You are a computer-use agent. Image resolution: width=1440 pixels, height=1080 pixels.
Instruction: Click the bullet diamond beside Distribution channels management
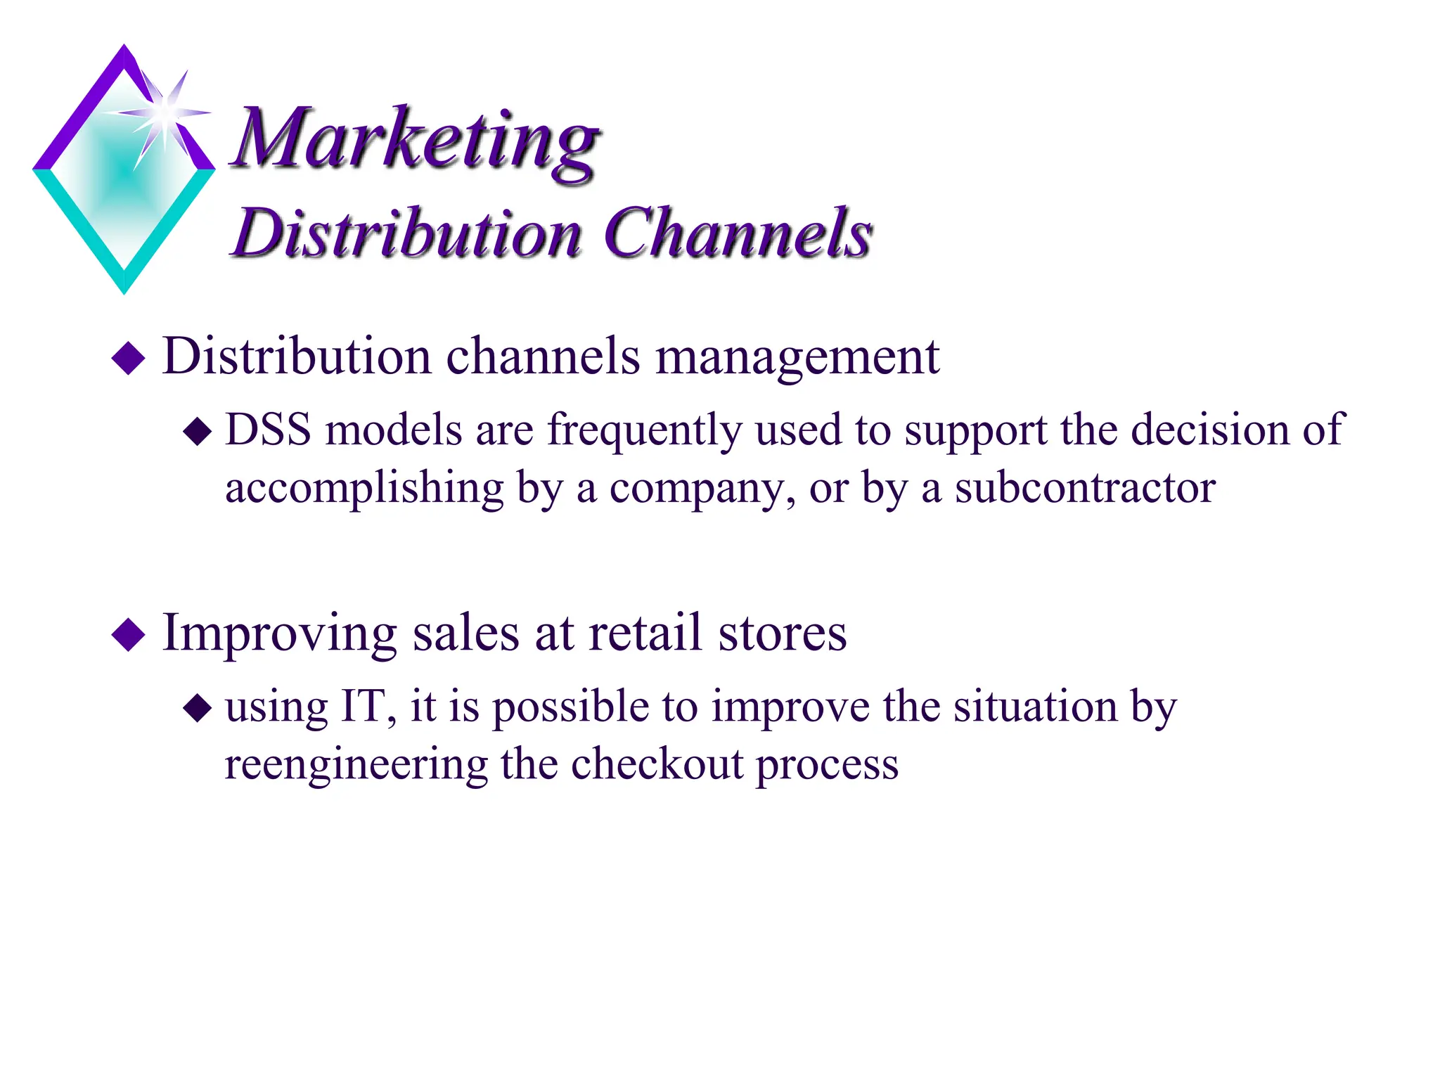coord(128,358)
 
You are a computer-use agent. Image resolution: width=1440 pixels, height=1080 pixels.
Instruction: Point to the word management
coord(797,356)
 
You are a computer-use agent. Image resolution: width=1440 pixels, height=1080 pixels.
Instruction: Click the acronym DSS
coord(268,430)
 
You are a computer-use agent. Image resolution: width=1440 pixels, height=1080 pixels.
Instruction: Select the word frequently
coord(644,431)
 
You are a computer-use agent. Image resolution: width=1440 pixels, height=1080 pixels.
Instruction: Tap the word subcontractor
coord(1085,488)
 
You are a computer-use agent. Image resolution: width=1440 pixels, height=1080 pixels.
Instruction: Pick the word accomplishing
coord(364,489)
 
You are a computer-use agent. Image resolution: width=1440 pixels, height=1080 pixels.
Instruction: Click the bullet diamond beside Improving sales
coord(128,634)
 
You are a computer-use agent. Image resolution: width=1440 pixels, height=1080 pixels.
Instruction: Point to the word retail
coord(646,633)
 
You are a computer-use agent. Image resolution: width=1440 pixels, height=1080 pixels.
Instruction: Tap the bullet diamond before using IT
coord(198,708)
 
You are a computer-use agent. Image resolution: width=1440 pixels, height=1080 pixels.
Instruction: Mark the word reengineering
coord(356,766)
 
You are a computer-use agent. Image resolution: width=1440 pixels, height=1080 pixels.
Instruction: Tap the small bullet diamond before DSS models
coord(198,432)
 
